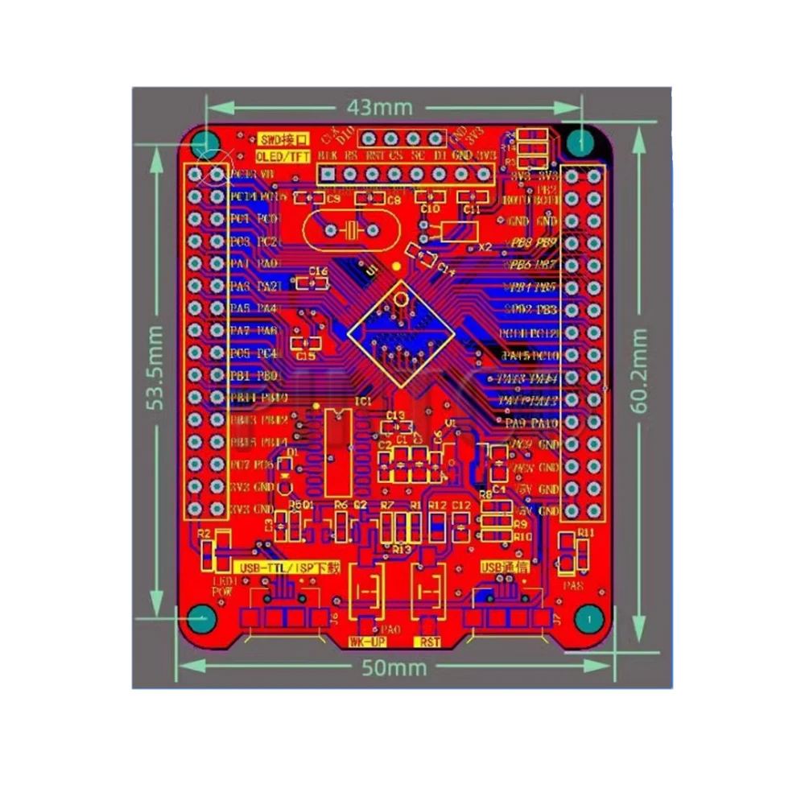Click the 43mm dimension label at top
(x=379, y=107)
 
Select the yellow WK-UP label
(x=367, y=642)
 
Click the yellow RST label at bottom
(x=430, y=642)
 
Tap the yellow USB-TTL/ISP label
(x=275, y=567)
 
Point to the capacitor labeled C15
(x=306, y=343)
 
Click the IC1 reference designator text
(x=364, y=400)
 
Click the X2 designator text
(x=485, y=247)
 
